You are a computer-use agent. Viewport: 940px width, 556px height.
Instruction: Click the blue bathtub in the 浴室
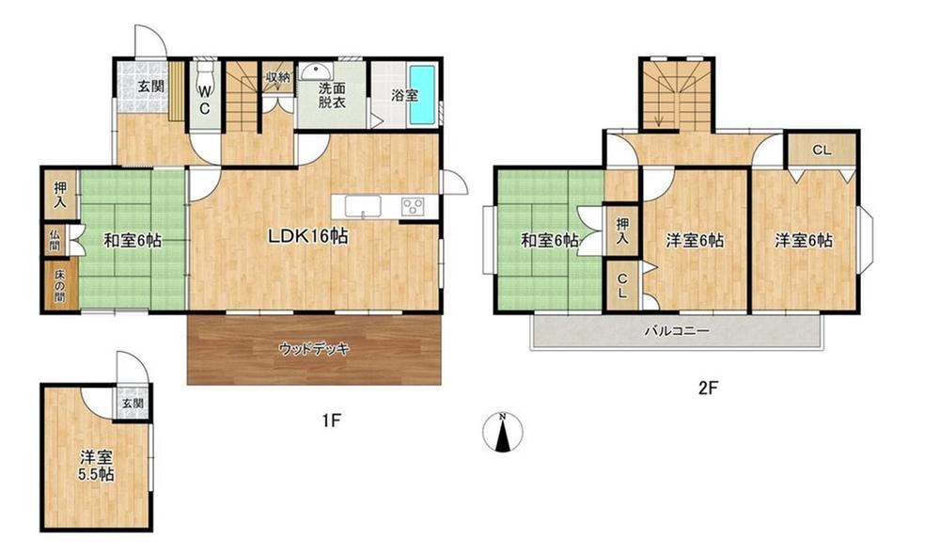[x=422, y=95]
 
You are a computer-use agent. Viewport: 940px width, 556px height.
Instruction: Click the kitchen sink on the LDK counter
[x=363, y=207]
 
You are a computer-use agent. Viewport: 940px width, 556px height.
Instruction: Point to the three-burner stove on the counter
[x=413, y=206]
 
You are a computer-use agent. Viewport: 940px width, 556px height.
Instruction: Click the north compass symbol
[x=503, y=431]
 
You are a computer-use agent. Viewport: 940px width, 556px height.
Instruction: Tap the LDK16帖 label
[x=307, y=236]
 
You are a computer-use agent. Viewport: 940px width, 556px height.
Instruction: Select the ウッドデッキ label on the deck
[x=314, y=348]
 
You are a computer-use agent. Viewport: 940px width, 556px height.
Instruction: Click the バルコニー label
[x=677, y=330]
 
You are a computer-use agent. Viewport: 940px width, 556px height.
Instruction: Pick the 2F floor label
[x=708, y=388]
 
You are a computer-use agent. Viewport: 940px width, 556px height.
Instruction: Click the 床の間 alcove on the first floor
[x=60, y=285]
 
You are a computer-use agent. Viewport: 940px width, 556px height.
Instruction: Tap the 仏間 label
[x=55, y=240]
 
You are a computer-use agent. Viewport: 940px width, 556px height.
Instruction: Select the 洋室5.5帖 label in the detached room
[x=97, y=466]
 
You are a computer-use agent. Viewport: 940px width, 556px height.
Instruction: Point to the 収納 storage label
[x=278, y=77]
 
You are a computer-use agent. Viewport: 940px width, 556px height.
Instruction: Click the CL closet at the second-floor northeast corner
[x=822, y=150]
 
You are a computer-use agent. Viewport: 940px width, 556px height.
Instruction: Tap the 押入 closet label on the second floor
[x=623, y=230]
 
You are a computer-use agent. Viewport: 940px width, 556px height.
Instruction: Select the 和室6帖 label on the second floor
[x=549, y=241]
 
